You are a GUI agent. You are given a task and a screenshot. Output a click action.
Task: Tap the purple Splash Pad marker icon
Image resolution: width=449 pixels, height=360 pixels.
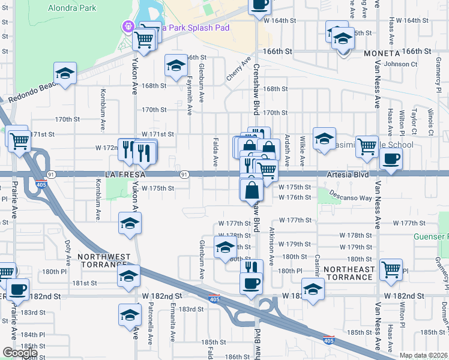(x=128, y=27)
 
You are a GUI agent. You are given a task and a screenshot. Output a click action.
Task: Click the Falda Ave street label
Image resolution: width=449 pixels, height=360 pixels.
(x=214, y=154)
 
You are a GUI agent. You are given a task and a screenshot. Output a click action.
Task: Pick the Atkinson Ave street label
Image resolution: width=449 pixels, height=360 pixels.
(x=271, y=246)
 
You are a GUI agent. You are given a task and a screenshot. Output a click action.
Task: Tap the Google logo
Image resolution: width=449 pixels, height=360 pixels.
(x=19, y=353)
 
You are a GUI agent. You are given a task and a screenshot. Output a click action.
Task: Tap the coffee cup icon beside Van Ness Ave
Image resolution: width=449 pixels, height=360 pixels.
(x=391, y=160)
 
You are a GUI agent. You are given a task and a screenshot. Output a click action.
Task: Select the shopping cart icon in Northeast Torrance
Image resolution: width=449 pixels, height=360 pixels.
(x=391, y=269)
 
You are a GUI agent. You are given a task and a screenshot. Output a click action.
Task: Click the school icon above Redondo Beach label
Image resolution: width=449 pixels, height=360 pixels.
(x=65, y=74)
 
